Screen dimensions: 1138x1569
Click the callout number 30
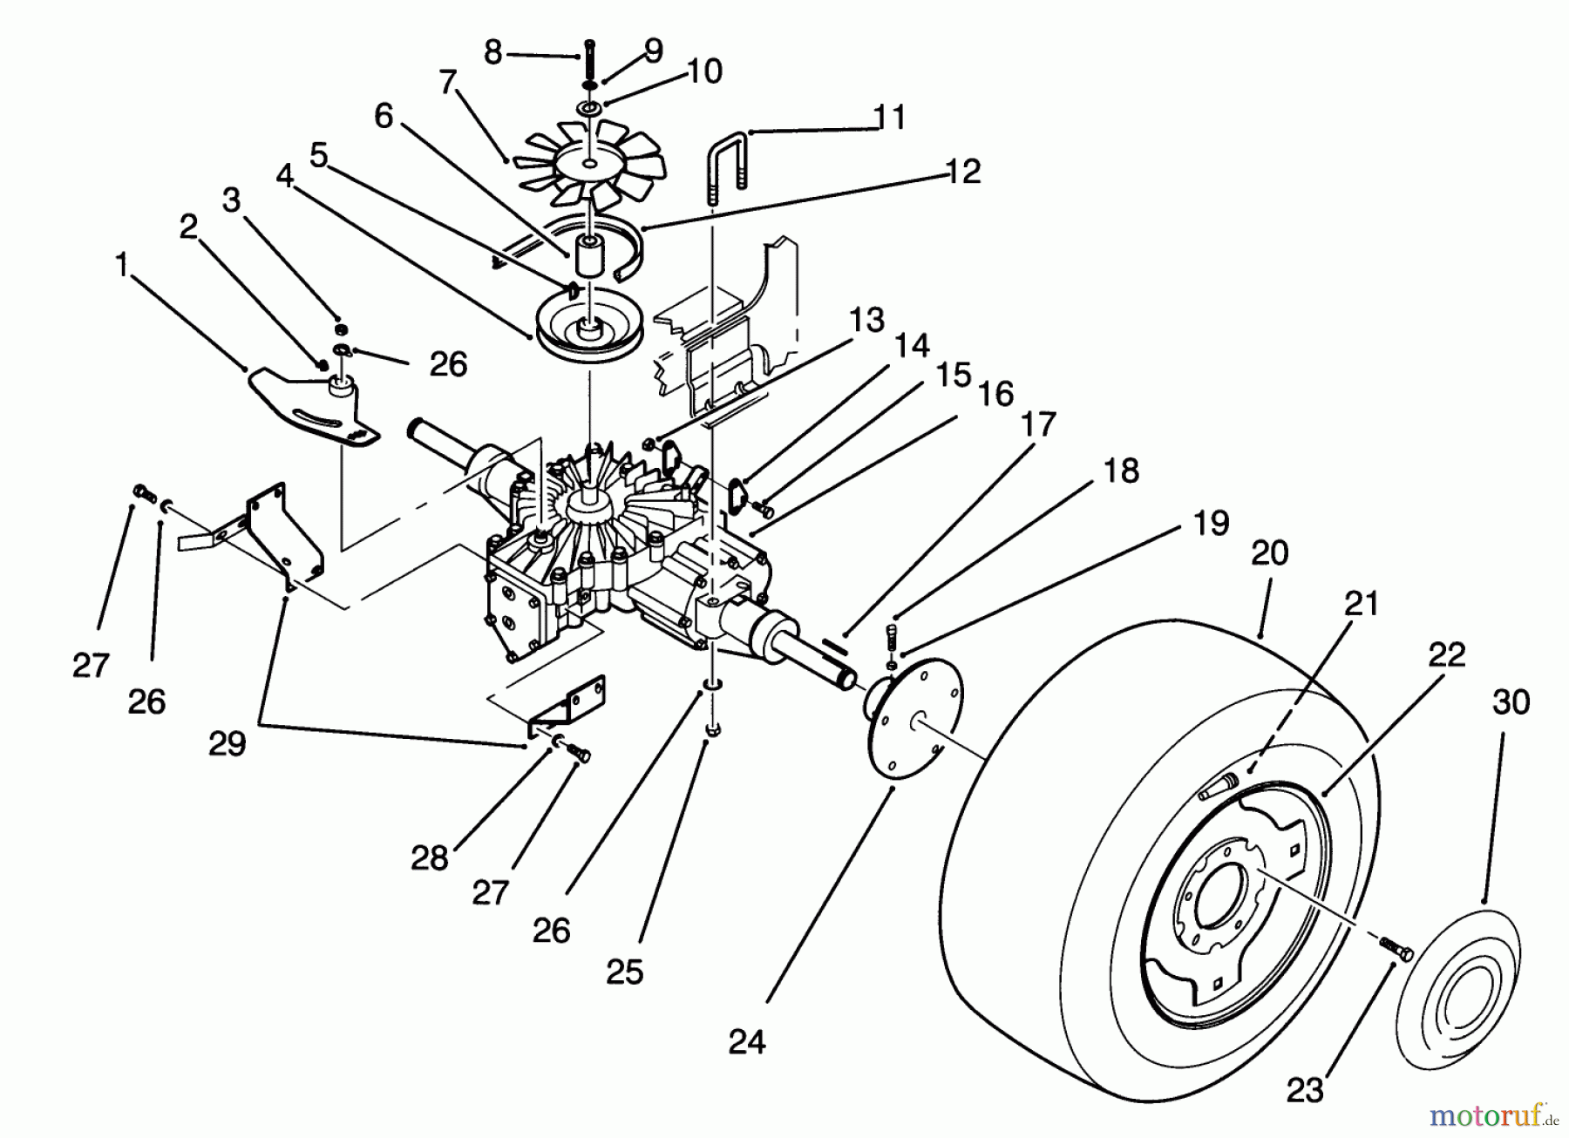pyautogui.click(x=1511, y=702)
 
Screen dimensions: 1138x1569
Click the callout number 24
pyautogui.click(x=747, y=1041)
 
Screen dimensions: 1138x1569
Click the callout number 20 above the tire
pyautogui.click(x=1269, y=552)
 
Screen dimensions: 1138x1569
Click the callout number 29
pyautogui.click(x=227, y=743)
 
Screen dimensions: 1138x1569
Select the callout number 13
pyautogui.click(x=866, y=320)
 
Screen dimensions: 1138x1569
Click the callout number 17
pyautogui.click(x=1037, y=424)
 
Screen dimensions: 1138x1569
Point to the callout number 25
pyautogui.click(x=624, y=972)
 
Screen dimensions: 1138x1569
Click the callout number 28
pyautogui.click(x=430, y=858)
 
